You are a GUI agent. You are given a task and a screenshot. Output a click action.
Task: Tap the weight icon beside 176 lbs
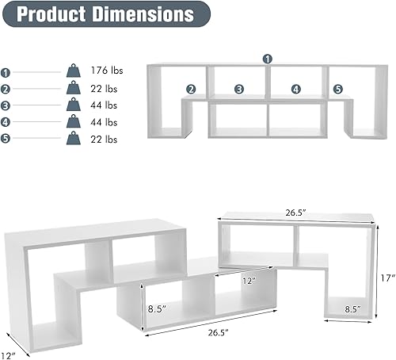(73, 71)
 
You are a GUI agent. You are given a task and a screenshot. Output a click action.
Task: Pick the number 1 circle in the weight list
(6, 71)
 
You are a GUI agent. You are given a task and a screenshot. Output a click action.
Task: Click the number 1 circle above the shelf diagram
(268, 59)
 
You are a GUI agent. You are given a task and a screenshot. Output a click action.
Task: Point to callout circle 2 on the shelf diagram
(191, 90)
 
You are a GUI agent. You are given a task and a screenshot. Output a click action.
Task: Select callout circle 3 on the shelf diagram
(239, 90)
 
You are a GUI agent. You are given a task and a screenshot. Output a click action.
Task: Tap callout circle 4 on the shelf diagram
(295, 90)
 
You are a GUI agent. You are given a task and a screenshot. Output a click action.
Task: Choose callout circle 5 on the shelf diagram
(338, 90)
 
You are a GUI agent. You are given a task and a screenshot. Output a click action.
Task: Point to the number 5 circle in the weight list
(6, 140)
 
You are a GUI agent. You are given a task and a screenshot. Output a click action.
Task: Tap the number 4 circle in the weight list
(6, 122)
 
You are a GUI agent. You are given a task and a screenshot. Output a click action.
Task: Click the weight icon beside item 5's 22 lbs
(73, 139)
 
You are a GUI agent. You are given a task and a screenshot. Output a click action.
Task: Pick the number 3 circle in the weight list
(6, 105)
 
